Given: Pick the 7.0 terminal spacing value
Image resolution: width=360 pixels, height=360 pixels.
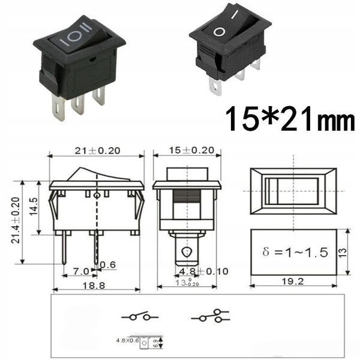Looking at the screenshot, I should point(80,271).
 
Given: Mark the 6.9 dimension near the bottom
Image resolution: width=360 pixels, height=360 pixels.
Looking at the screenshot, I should point(155,343).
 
